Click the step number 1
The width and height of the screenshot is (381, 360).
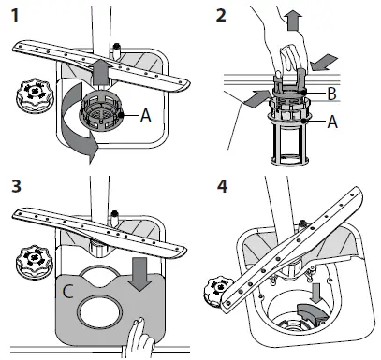15,15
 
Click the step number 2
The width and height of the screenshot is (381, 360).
221,15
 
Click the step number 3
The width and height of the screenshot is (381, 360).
16,186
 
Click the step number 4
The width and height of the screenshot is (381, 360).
222,186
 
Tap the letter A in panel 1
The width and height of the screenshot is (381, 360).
145,116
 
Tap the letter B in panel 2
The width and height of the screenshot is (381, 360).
331,94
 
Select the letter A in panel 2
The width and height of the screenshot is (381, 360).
332,122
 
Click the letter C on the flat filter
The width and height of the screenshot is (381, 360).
67,292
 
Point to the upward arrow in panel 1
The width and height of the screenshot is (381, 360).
100,71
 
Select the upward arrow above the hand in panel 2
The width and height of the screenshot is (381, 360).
295,20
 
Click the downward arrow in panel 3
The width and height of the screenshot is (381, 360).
139,274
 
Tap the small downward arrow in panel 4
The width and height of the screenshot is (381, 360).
317,293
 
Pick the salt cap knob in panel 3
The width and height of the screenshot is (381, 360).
35,261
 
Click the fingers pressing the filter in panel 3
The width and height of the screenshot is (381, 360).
139,338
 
